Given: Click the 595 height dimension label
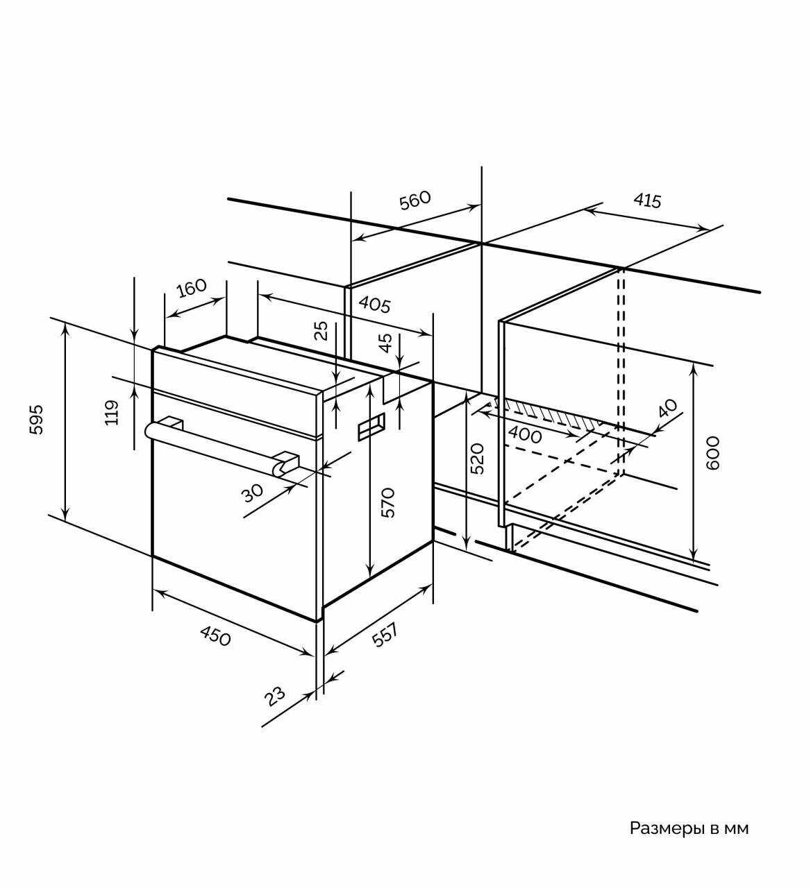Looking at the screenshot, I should click(x=37, y=419).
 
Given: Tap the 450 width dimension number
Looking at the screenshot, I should click(x=215, y=635).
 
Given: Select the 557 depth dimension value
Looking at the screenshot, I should click(x=385, y=635).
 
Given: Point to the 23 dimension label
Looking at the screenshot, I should click(x=276, y=696).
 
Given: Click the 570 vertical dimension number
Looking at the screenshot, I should click(x=388, y=502).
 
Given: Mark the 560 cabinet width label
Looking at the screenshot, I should click(x=415, y=200).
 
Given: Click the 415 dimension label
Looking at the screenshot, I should click(x=647, y=201).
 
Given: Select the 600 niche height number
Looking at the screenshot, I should click(x=713, y=452).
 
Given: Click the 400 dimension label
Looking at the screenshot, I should click(x=525, y=436).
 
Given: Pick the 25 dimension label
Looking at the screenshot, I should click(x=321, y=331).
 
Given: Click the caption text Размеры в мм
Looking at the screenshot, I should click(x=689, y=828).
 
